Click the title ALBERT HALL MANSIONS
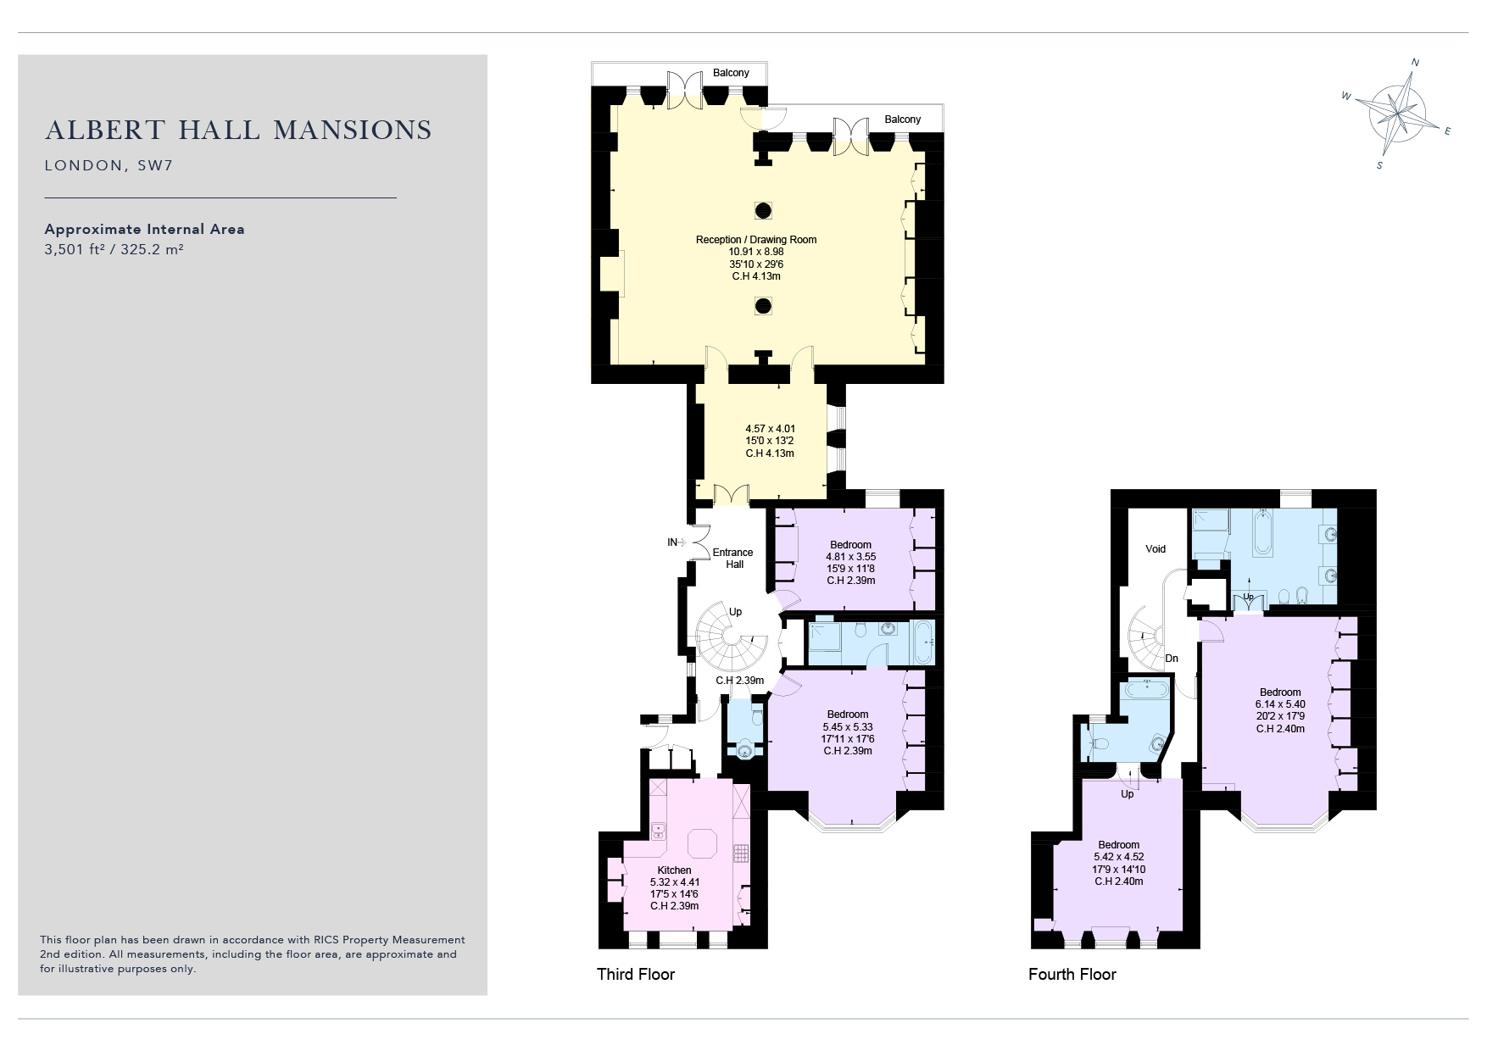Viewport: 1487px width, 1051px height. (238, 130)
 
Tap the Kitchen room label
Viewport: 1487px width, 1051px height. (675, 870)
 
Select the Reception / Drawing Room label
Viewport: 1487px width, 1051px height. (756, 240)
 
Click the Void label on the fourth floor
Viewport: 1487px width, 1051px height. (1156, 549)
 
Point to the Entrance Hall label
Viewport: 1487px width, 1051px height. (734, 559)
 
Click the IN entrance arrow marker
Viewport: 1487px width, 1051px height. (677, 542)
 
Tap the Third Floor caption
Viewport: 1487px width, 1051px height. (636, 974)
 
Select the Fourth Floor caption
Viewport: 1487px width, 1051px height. (1072, 974)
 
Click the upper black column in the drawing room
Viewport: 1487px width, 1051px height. (763, 210)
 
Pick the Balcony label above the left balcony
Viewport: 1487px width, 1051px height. (731, 73)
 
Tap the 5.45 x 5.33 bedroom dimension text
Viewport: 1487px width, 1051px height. (848, 727)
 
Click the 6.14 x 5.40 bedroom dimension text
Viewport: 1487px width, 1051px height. (1280, 704)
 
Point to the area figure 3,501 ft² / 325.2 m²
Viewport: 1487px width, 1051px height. (114, 250)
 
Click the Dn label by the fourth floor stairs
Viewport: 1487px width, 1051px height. (1172, 659)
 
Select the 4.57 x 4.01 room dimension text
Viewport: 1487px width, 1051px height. (770, 429)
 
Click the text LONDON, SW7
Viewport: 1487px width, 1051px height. (109, 166)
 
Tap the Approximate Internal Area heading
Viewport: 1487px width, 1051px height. (144, 229)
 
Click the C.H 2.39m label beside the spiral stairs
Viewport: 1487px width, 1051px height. (739, 681)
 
